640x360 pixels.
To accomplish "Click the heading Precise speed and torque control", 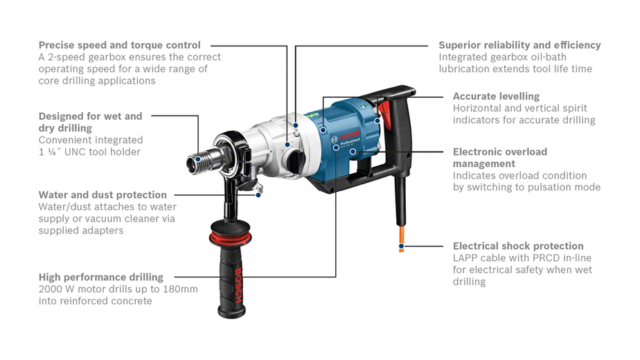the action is click(120, 45).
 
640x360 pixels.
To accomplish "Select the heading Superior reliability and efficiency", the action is click(519, 45).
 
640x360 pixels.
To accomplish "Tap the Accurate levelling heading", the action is click(496, 96).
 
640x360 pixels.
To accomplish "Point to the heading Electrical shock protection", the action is click(518, 246).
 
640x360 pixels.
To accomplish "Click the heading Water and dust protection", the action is click(103, 195).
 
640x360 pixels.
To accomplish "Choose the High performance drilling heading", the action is click(101, 277).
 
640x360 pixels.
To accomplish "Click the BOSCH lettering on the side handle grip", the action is click(238, 286).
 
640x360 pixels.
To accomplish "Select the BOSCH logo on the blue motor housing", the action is click(350, 136).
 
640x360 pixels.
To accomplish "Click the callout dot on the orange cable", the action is click(401, 246).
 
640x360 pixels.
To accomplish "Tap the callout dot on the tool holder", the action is click(198, 159).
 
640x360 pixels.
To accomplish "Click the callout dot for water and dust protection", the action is click(258, 195).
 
